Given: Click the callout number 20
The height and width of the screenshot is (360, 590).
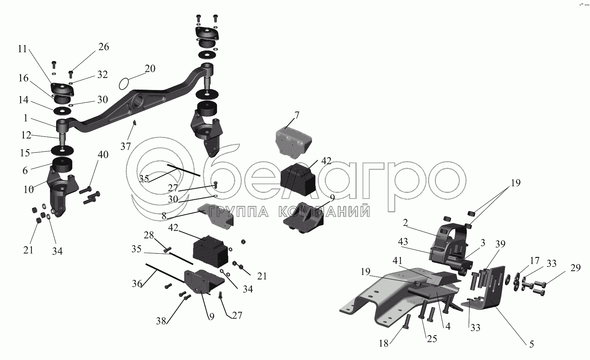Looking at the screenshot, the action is point(150,69).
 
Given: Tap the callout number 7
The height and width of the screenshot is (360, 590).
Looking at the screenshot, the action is point(297,115).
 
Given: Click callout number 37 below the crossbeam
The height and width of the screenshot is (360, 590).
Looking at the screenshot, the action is point(126,146).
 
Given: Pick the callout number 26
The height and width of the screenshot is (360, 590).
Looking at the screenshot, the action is point(103,47).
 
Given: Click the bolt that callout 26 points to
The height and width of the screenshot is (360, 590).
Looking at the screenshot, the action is point(71,74).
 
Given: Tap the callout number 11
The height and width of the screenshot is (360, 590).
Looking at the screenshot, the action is point(22,49).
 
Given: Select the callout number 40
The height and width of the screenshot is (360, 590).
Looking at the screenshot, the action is point(103,155).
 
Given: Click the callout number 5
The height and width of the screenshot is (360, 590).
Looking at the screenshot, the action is point(531,344).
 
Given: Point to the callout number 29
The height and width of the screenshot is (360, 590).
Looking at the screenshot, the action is point(575,268).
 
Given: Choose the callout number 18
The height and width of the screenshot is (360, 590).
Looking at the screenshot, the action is point(384,343).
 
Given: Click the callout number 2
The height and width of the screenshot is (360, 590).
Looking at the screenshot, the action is point(405,223).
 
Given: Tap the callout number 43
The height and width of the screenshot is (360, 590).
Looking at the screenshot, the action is point(403,241).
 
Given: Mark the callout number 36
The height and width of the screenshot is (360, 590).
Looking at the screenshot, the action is point(137,284).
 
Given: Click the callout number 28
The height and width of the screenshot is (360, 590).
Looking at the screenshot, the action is point(149,235).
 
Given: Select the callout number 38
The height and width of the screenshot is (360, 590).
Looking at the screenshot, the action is point(161,321).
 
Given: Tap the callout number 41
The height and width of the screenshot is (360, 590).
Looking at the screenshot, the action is point(397,260).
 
